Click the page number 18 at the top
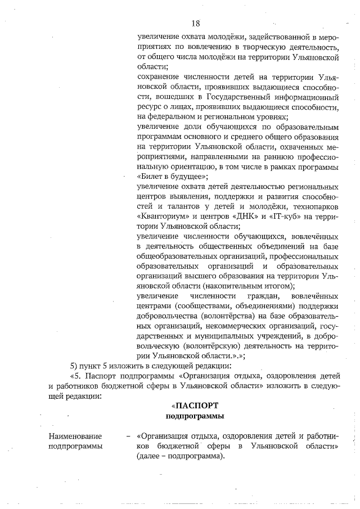[195, 23]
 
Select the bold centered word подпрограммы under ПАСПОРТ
[195, 416]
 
